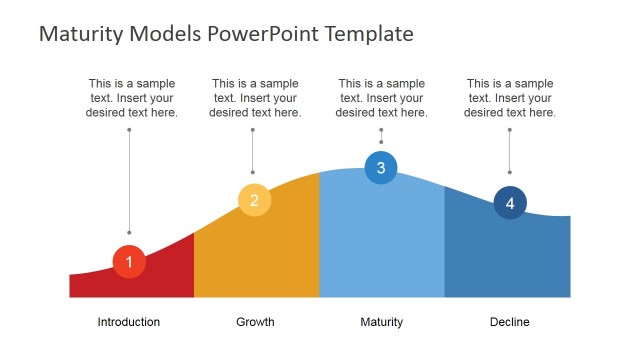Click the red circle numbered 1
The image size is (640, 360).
[x=129, y=261]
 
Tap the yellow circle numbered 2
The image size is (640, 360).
[x=254, y=200]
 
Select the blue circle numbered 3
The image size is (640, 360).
[x=381, y=167]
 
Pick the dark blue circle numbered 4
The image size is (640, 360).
[x=510, y=203]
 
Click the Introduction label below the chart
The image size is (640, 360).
[x=128, y=322]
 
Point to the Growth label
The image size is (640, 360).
[x=255, y=322]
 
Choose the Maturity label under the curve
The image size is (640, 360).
[x=381, y=322]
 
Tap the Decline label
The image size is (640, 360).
[x=510, y=322]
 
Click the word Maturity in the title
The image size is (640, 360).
[x=82, y=34]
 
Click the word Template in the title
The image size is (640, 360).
[x=364, y=34]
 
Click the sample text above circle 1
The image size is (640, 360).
[x=132, y=98]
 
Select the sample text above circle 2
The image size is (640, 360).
[x=255, y=98]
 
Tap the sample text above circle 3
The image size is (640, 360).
[x=381, y=98]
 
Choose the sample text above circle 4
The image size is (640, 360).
[x=510, y=98]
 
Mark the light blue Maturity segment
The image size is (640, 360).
[x=381, y=240]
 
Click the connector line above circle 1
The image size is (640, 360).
[x=129, y=180]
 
